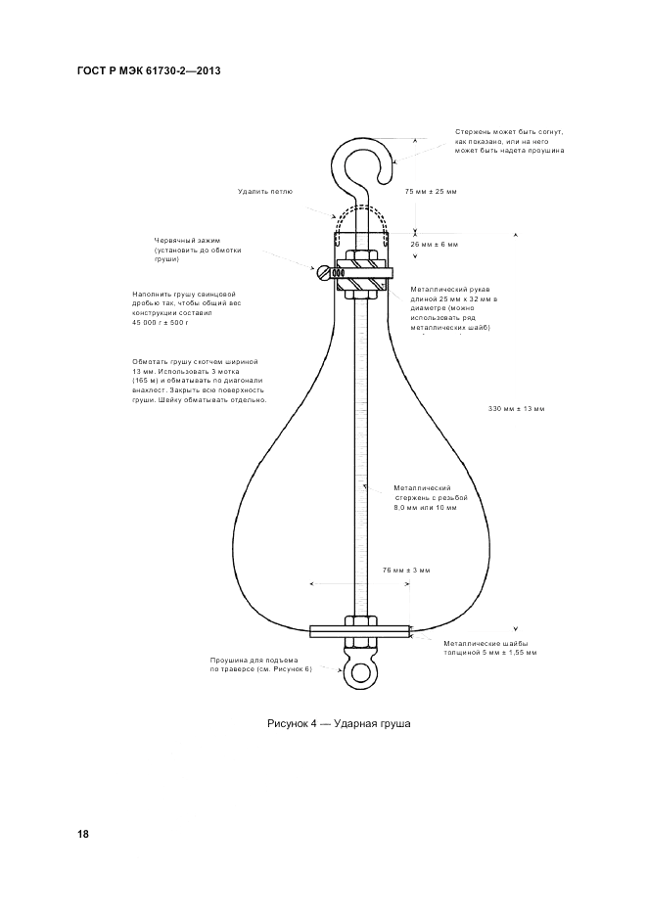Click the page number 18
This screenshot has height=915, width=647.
tap(83, 834)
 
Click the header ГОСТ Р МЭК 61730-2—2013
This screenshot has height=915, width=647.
tap(146, 71)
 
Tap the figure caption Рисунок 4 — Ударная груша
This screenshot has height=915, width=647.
tap(339, 723)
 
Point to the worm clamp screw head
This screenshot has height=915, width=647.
tap(320, 273)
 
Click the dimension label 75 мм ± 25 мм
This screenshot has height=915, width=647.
tap(431, 191)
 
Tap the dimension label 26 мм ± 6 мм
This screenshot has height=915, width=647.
tap(434, 244)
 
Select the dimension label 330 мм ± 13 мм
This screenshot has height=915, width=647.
tap(516, 408)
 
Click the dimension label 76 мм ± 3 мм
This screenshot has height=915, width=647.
tap(405, 570)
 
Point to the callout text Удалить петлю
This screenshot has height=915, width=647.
tap(265, 191)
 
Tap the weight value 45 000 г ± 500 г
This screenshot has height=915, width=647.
tap(161, 323)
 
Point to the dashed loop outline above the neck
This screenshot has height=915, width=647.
tap(358, 217)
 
